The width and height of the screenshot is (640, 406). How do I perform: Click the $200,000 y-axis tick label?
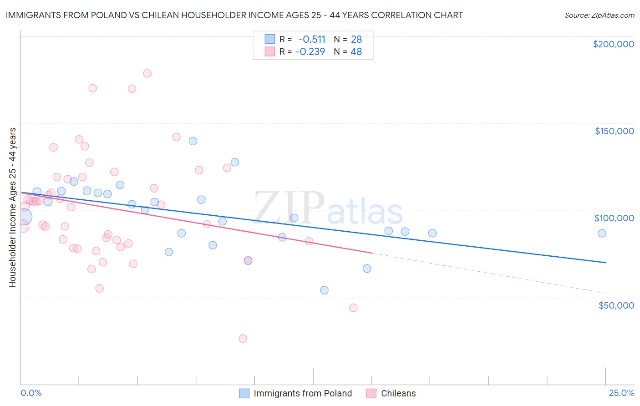point(613,44)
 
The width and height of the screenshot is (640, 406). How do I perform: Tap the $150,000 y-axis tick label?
point(614,131)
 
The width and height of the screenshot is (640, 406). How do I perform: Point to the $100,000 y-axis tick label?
point(614,218)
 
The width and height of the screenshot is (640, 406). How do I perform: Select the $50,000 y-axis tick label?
point(616,305)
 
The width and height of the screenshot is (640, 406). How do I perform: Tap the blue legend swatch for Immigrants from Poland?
point(244,394)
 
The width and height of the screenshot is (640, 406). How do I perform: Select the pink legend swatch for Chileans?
point(371,394)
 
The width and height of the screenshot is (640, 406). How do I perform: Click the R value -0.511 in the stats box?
point(312,40)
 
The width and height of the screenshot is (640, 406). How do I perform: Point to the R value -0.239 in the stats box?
point(310,52)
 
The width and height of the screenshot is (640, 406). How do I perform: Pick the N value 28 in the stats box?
point(356,40)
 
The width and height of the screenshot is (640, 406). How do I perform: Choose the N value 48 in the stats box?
point(356,52)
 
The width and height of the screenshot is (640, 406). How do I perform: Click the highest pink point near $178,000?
point(147,73)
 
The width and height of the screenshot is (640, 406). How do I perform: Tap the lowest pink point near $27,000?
point(243,339)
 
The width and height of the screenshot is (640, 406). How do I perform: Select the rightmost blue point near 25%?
point(602,233)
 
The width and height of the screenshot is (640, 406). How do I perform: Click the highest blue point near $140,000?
point(193,141)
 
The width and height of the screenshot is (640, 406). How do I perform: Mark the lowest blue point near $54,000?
point(324,290)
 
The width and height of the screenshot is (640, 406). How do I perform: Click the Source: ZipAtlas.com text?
point(599,15)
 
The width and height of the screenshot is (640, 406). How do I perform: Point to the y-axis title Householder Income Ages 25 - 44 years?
point(12,208)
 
